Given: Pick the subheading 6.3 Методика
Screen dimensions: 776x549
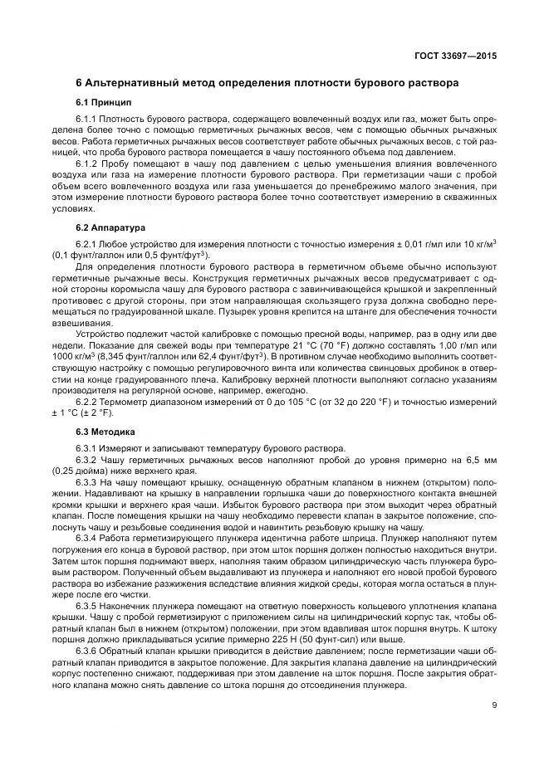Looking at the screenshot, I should coord(106,432).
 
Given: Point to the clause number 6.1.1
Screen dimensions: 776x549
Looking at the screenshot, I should coord(88,120).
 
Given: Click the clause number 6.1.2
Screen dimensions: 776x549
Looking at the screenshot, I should coord(88,165).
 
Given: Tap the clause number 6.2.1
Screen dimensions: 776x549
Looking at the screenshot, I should coord(88,243).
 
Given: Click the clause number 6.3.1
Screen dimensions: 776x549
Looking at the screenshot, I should coord(88,449).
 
